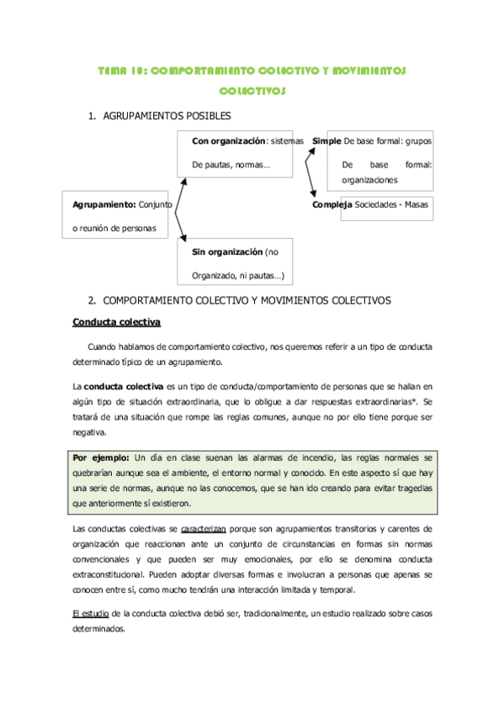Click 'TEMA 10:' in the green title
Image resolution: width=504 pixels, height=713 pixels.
click(120, 71)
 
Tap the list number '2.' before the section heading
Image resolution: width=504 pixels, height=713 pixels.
click(93, 300)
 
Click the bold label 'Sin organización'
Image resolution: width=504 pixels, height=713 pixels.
click(227, 252)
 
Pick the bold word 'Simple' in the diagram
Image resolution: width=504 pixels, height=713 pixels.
click(326, 141)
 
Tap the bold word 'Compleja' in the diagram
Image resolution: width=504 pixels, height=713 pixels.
click(332, 204)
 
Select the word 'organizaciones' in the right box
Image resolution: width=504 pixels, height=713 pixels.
click(369, 180)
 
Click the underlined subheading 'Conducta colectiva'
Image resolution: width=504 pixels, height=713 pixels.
click(117, 322)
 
